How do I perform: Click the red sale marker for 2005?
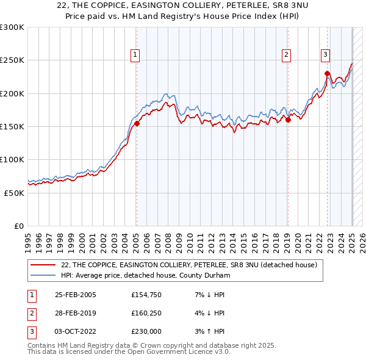click(x=137, y=123)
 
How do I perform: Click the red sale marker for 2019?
click(x=288, y=120)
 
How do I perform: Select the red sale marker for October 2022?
click(x=327, y=74)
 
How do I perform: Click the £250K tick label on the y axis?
click(x=12, y=60)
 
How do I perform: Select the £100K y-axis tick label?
click(x=12, y=159)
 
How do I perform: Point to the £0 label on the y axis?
click(x=18, y=226)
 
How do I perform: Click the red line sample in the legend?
click(x=43, y=265)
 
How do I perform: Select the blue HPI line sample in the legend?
click(x=43, y=275)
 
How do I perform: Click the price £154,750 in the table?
click(x=146, y=295)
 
